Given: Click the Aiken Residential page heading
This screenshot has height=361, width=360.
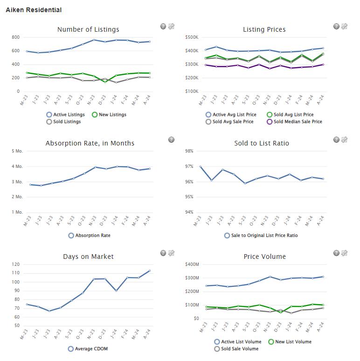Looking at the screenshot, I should [34, 10].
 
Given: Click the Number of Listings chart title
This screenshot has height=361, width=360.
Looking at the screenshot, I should [88, 29].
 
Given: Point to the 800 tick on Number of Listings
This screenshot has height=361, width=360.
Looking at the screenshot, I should [16, 37].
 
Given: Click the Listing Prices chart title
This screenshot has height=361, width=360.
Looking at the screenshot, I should [264, 29].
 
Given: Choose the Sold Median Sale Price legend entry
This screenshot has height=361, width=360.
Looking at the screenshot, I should [294, 122].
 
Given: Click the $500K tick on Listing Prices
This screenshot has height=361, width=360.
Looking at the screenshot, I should [192, 37].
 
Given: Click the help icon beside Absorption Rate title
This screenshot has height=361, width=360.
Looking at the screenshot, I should [171, 140].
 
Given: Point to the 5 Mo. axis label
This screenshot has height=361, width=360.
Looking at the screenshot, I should [17, 151].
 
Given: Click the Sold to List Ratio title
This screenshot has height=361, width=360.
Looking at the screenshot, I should [261, 143].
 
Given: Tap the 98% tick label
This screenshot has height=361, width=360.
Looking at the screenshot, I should [189, 151].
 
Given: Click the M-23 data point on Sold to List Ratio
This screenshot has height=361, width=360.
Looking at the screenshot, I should [201, 167].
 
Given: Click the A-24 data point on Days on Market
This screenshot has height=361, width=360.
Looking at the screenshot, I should [150, 271].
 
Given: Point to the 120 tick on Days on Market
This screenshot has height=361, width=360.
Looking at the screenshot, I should [16, 264].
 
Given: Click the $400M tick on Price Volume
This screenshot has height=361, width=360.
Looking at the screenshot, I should [192, 264].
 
